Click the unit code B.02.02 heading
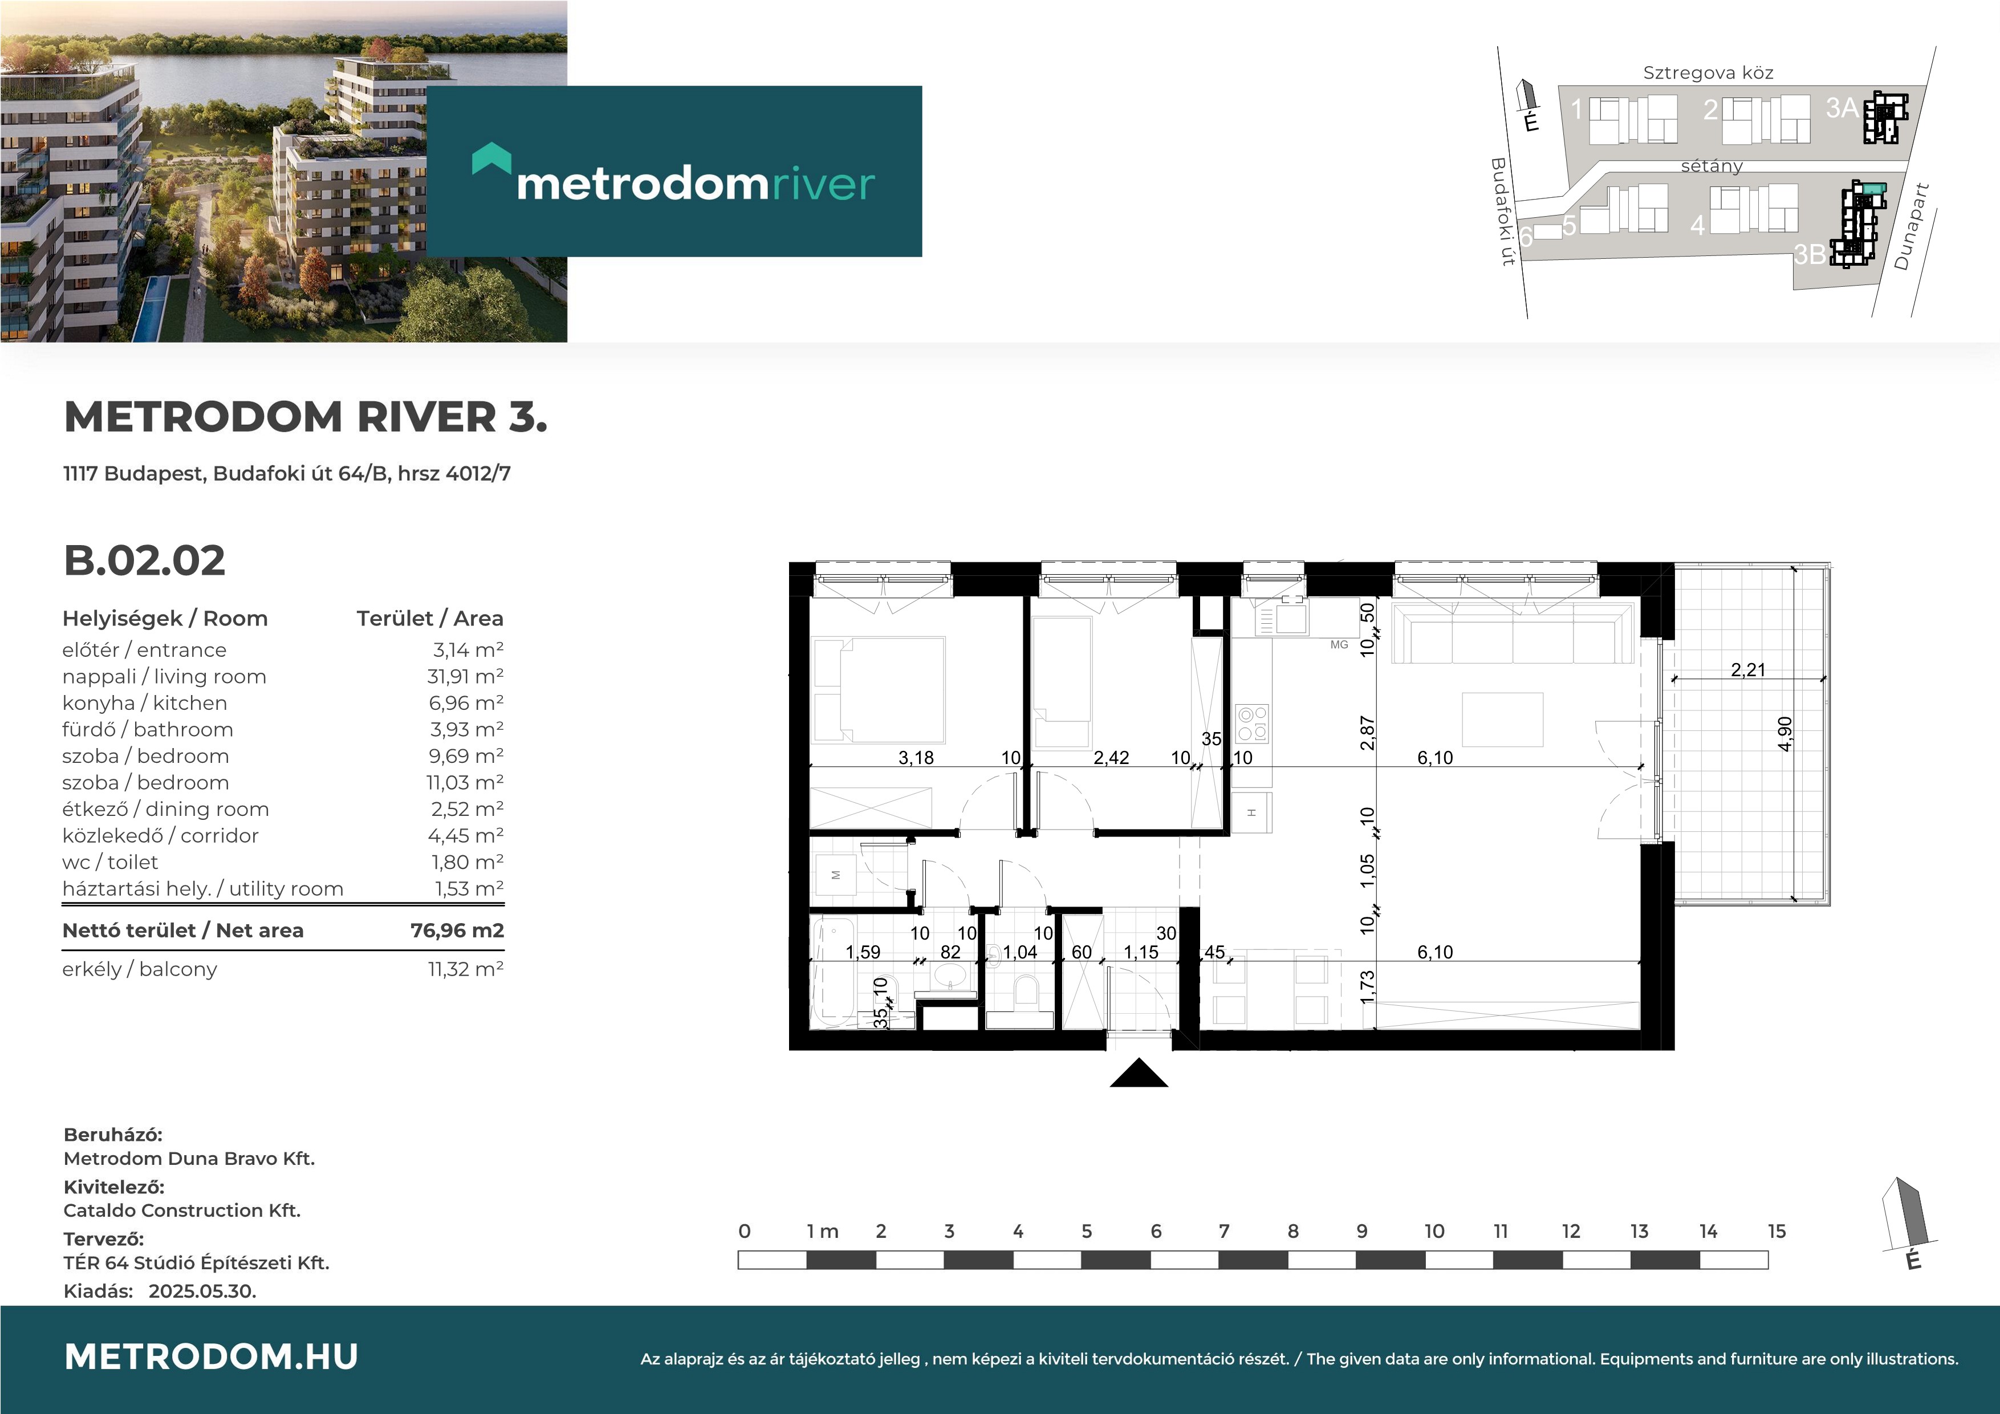(145, 560)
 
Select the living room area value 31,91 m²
(465, 677)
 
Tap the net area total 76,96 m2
(457, 931)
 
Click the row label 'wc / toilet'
(110, 863)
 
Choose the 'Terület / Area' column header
(429, 619)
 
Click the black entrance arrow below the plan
(1139, 1074)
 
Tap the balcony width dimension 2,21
(1747, 670)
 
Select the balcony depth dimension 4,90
(1785, 734)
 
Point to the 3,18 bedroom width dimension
(916, 758)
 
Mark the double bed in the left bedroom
(878, 690)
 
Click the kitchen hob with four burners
(1253, 723)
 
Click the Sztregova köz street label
(1708, 73)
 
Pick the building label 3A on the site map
(1842, 108)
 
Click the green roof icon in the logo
(491, 159)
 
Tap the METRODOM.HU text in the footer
(212, 1356)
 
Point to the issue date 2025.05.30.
(202, 1291)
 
